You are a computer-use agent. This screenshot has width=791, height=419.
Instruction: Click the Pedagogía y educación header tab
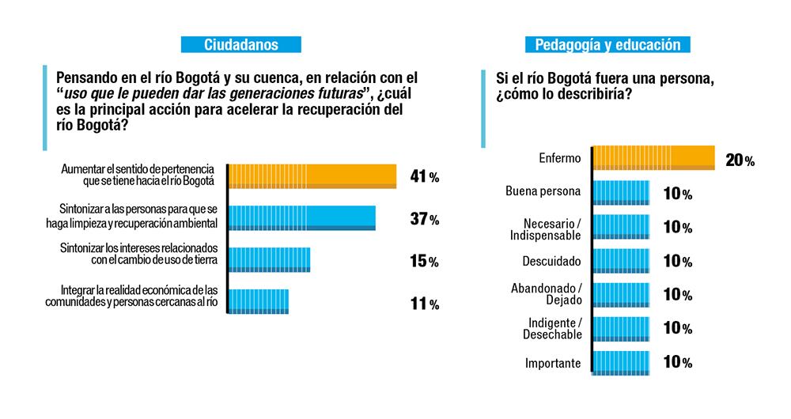(607, 45)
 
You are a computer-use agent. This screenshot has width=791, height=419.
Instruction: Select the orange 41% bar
(312, 176)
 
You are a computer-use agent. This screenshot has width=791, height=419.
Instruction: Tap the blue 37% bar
(302, 218)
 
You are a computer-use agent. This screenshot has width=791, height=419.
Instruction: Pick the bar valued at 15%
(269, 260)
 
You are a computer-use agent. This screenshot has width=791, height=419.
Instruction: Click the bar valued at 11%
(259, 301)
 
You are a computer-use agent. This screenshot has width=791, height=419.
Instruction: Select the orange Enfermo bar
(654, 158)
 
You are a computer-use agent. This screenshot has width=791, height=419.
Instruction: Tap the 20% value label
(739, 160)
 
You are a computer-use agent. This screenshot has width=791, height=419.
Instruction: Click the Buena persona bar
(621, 192)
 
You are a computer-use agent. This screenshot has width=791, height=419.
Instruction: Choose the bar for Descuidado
(621, 260)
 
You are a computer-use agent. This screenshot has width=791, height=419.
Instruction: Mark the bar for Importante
(621, 363)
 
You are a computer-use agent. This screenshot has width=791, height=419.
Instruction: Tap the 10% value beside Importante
(677, 363)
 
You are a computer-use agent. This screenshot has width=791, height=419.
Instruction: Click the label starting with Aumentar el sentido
(138, 176)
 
